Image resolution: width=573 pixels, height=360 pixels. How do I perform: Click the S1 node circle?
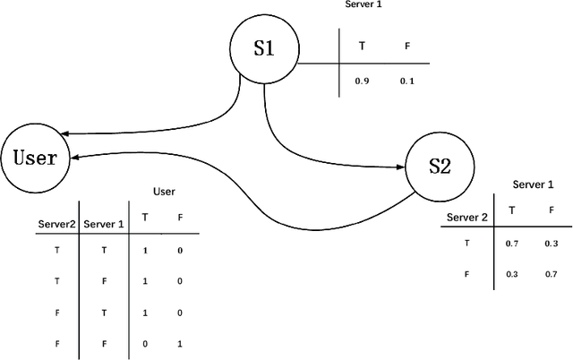coord(263,47)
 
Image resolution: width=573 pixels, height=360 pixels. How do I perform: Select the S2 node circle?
coord(440,166)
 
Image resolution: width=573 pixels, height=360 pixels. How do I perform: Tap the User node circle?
coord(36,158)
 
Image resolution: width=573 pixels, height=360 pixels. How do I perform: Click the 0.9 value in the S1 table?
coord(362,81)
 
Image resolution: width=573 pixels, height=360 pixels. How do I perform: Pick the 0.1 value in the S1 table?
coord(407,81)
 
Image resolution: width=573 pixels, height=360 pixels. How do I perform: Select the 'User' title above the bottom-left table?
coord(164,191)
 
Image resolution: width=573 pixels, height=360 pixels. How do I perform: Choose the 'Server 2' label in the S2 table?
coord(466,217)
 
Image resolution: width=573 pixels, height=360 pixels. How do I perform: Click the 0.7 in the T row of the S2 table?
coord(511,243)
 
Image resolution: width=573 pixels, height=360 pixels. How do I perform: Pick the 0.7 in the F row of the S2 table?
coord(552,274)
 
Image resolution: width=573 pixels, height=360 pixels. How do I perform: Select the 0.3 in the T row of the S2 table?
coord(552,243)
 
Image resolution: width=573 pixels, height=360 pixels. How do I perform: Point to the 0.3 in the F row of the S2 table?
coord(511,274)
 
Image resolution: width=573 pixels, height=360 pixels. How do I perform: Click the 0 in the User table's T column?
coord(146,343)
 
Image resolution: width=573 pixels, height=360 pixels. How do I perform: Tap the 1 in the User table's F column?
coord(179,343)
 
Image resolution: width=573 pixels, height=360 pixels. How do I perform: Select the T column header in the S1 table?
coord(362,44)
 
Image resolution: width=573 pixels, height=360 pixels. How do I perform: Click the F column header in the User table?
coord(179,218)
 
